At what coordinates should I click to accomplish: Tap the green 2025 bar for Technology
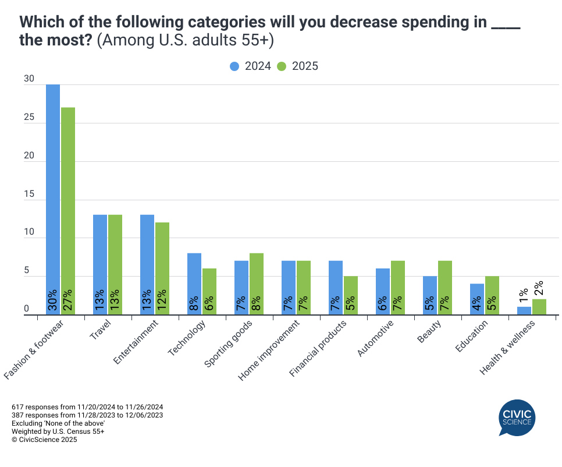pos(209,291)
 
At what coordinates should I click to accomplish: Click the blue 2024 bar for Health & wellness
pos(524,311)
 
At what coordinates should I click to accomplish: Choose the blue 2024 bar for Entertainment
pos(147,264)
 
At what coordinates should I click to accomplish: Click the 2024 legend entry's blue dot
pos(234,66)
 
